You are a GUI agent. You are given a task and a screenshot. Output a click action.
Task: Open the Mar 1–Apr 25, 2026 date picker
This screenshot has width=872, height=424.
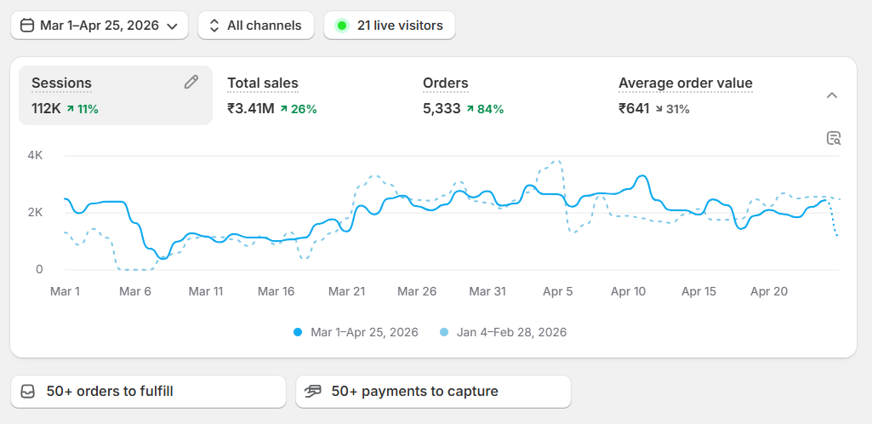pyautogui.click(x=99, y=26)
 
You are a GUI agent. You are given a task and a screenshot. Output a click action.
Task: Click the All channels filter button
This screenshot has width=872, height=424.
pyautogui.click(x=256, y=26)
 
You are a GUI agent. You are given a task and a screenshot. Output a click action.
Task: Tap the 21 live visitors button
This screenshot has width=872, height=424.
pyautogui.click(x=390, y=26)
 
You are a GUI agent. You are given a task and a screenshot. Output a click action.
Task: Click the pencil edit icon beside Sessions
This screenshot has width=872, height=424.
pyautogui.click(x=191, y=83)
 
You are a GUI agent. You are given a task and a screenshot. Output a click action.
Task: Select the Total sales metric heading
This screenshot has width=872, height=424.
pyautogui.click(x=263, y=83)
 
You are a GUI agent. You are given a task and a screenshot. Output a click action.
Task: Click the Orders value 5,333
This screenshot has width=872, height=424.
pyautogui.click(x=442, y=108)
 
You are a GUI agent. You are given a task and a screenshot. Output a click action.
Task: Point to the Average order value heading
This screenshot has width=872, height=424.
pyautogui.click(x=685, y=83)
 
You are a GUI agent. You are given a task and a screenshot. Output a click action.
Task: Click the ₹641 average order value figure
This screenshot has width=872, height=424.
pyautogui.click(x=634, y=108)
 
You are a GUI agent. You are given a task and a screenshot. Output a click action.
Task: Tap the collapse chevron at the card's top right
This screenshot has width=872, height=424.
pyautogui.click(x=832, y=95)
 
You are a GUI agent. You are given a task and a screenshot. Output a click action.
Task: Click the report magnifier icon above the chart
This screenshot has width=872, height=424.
pyautogui.click(x=834, y=138)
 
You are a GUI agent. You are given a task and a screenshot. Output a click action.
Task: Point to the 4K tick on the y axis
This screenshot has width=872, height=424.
pyautogui.click(x=35, y=155)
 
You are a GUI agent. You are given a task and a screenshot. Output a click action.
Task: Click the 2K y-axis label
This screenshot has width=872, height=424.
pyautogui.click(x=35, y=213)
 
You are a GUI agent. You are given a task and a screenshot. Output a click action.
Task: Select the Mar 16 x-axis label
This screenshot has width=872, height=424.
pyautogui.click(x=277, y=291)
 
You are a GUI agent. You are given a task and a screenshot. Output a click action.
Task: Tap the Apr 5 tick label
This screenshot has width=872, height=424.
pyautogui.click(x=558, y=291)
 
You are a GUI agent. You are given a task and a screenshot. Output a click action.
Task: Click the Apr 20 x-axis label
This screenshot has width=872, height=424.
pyautogui.click(x=768, y=291)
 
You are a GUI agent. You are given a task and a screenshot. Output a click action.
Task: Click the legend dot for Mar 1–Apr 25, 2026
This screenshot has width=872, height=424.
pyautogui.click(x=298, y=333)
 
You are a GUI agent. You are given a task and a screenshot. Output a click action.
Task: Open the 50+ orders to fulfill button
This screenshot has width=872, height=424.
pyautogui.click(x=149, y=392)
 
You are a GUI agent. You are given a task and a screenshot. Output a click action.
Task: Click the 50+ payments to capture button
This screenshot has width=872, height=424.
pyautogui.click(x=433, y=392)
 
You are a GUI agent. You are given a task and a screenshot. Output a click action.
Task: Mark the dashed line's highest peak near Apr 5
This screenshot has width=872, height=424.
pyautogui.click(x=557, y=162)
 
